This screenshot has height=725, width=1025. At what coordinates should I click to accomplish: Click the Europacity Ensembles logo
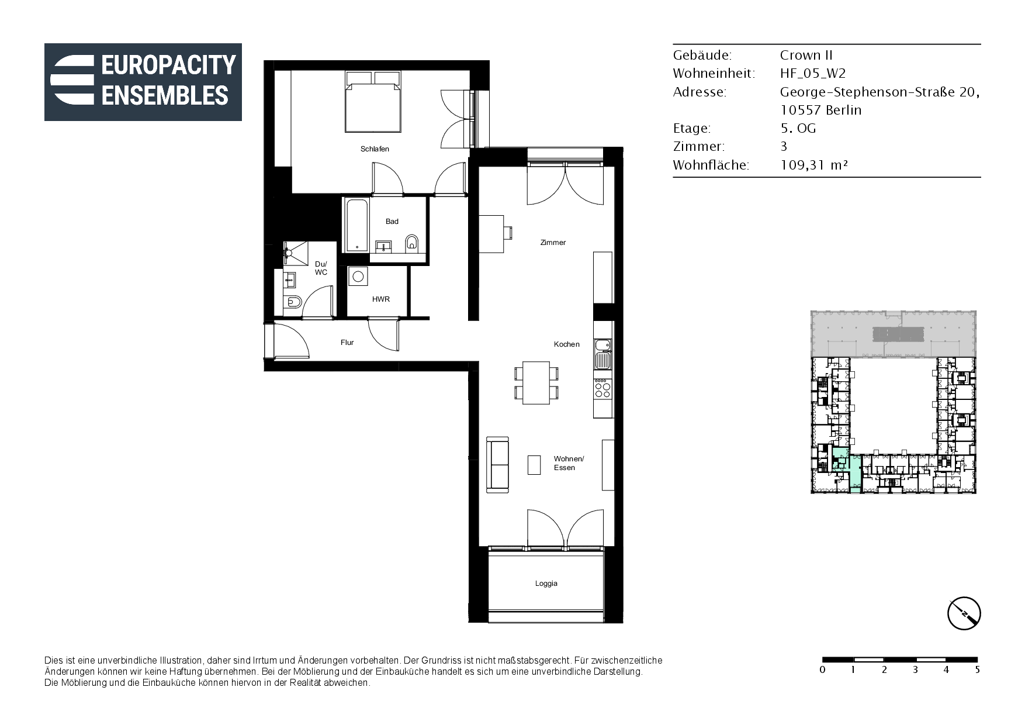pyautogui.click(x=143, y=82)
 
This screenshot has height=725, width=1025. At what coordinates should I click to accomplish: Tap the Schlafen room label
pyautogui.click(x=375, y=149)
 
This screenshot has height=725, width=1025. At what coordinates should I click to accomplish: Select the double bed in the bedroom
pyautogui.click(x=373, y=102)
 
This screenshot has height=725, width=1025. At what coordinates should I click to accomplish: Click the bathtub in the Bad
pyautogui.click(x=356, y=225)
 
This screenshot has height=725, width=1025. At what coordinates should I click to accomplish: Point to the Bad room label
pyautogui.click(x=392, y=222)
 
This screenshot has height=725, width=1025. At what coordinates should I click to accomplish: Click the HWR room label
pyautogui.click(x=381, y=299)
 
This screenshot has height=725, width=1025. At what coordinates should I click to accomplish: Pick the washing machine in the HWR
pyautogui.click(x=358, y=277)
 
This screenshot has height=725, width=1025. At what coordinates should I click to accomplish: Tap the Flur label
pyautogui.click(x=347, y=343)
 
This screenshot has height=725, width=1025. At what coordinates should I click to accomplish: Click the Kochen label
pyautogui.click(x=567, y=344)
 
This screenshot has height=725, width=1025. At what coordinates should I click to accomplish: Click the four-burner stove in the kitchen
pyautogui.click(x=603, y=388)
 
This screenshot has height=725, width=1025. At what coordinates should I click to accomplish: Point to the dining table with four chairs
pyautogui.click(x=536, y=383)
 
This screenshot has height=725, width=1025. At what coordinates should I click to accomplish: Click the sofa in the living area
pyautogui.click(x=497, y=464)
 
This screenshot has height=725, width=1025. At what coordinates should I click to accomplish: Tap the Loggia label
pyautogui.click(x=546, y=584)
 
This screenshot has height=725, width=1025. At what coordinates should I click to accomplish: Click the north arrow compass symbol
pyautogui.click(x=964, y=613)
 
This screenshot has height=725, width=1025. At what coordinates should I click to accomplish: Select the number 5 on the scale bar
pyautogui.click(x=977, y=670)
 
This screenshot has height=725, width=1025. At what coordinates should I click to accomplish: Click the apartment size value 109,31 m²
pyautogui.click(x=814, y=165)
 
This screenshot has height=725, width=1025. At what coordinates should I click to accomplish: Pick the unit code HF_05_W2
pyautogui.click(x=813, y=74)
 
